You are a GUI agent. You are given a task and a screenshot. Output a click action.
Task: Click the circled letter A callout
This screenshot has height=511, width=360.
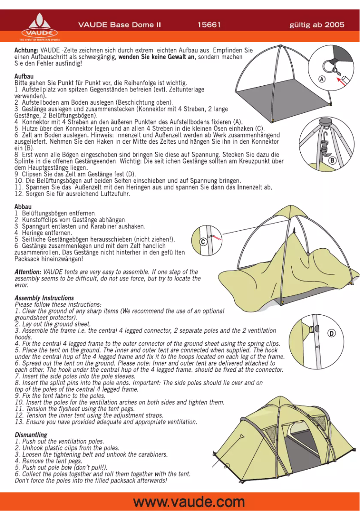(322, 79)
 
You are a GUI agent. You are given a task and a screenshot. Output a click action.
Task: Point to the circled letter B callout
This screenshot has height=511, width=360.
(333, 160)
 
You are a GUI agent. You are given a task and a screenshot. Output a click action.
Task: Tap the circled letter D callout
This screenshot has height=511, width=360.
(331, 333)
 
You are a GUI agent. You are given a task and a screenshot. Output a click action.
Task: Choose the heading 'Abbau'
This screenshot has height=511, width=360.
(23, 206)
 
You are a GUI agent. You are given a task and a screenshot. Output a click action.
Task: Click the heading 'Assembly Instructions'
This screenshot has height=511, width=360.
(44, 298)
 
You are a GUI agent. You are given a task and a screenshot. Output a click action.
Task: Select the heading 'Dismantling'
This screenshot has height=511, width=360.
(31, 435)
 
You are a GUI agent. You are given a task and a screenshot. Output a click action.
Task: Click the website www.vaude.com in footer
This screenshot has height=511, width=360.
(189, 502)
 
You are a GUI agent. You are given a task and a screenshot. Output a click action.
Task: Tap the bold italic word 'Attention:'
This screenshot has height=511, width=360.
(28, 272)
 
